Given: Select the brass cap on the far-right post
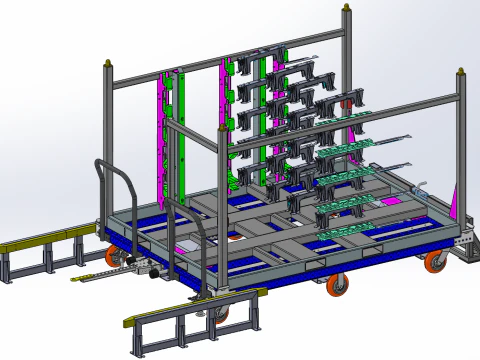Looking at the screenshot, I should tap(461, 71).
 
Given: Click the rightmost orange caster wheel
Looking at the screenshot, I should tap(435, 262).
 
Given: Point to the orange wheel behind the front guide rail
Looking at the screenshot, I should tap(221, 314).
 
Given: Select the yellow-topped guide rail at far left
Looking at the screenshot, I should tap(40, 243).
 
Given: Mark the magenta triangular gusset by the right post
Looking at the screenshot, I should tap(456, 205).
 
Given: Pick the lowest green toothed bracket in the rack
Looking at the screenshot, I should tap(345, 230).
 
